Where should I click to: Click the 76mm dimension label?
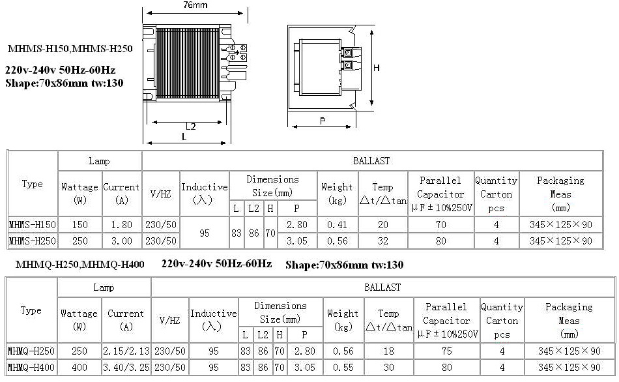195,5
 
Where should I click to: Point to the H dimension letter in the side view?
376,68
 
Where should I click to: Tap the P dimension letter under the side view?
323,121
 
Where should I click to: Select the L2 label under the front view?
191,126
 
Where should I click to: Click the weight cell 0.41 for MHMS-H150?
337,225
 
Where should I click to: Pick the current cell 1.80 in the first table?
122,225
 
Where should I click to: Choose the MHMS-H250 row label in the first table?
33,241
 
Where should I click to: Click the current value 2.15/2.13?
126,351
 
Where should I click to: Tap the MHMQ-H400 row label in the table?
31,368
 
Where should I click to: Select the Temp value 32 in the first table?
383,241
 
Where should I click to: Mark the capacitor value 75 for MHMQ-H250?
447,351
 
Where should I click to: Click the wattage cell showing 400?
79,368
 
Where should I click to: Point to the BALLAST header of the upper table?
371,161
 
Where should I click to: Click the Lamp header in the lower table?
104,287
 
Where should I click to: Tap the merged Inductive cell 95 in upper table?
205,233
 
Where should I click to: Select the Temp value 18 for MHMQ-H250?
389,351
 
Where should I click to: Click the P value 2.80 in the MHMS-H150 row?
297,225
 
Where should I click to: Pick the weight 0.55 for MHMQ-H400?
343,368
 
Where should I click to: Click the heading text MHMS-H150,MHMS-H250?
70,49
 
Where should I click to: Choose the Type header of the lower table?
31,310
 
